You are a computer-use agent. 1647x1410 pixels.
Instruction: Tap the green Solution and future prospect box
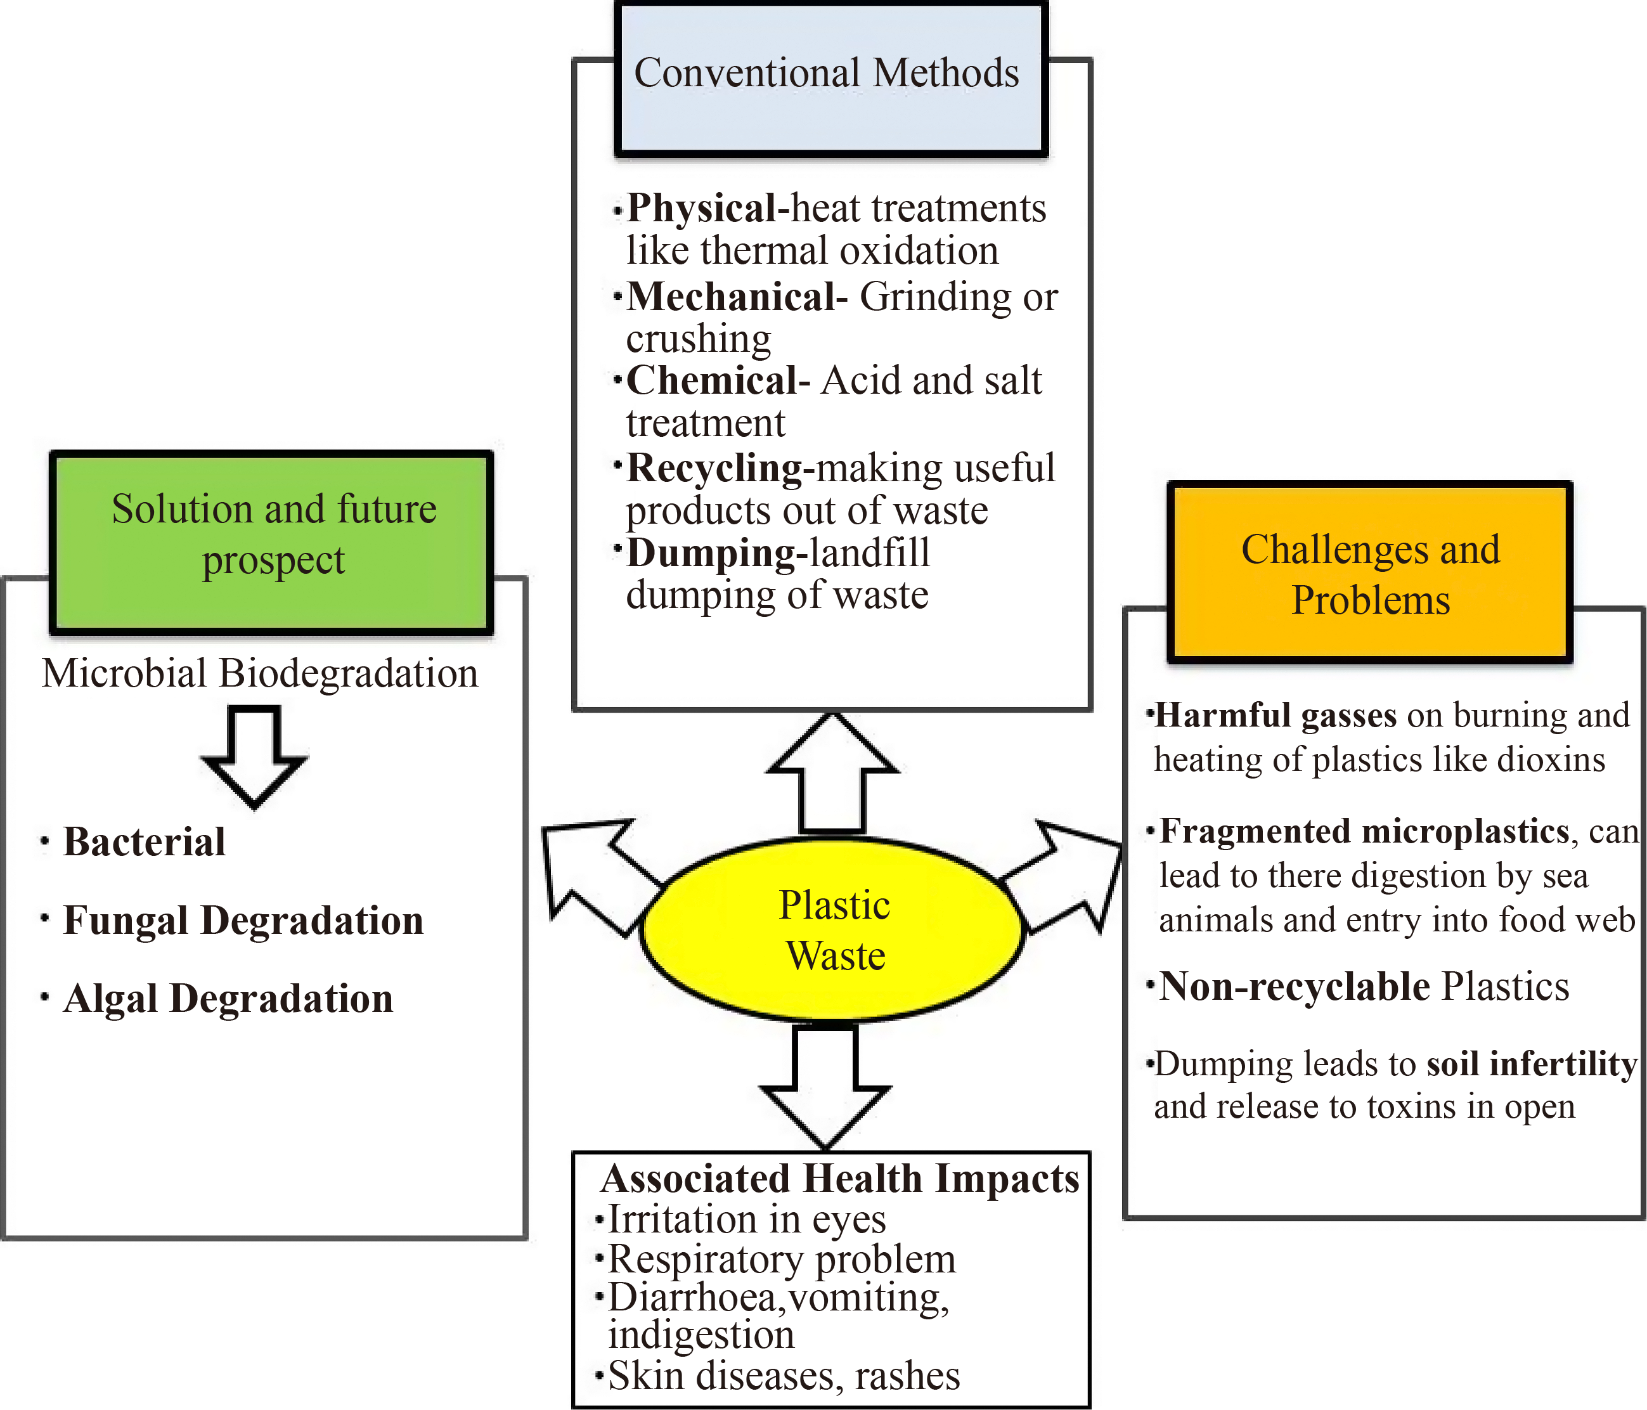tap(272, 542)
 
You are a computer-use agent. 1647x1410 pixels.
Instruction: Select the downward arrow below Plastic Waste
tap(826, 1089)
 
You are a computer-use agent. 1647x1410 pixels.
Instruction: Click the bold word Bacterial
tap(145, 842)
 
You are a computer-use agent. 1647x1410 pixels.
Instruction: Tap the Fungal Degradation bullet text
tap(243, 921)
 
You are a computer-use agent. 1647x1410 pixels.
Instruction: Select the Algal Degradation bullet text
tap(228, 999)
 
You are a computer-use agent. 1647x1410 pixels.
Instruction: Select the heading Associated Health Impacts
tap(840, 1179)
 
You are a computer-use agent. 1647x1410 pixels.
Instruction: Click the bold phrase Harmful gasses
tap(1276, 715)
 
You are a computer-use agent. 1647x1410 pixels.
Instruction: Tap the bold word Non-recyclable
tap(1294, 987)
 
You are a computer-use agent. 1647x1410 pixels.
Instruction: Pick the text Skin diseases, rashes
tap(784, 1376)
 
